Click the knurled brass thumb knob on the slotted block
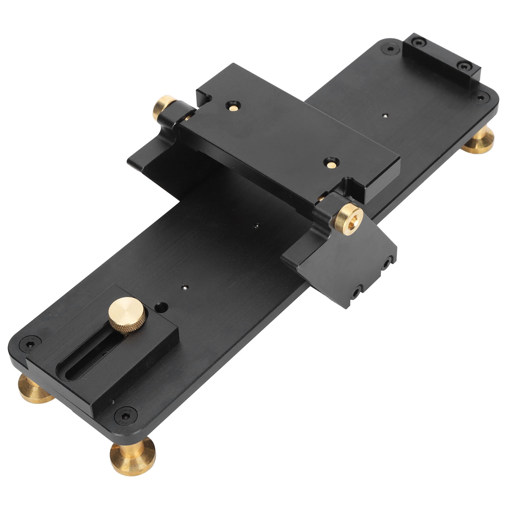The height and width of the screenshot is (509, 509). pos(127,315)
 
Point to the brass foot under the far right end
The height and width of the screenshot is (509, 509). pos(479,141)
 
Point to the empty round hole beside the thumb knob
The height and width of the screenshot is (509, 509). pos(162,307)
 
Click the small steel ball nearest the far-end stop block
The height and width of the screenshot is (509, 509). pos(385,116)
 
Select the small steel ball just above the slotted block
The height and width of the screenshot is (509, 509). pos(184,288)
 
